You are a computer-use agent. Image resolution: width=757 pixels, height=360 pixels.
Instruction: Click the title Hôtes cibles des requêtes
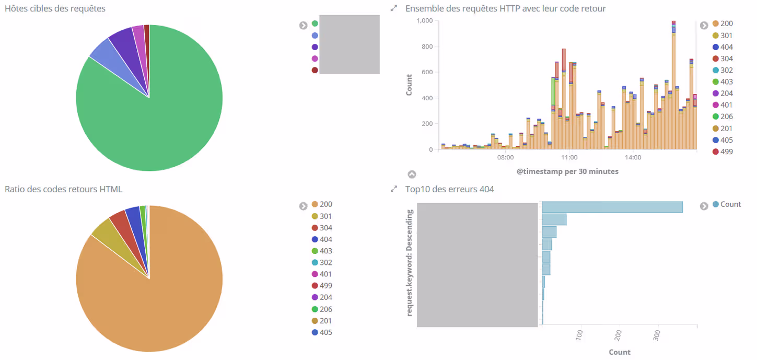click(x=55, y=8)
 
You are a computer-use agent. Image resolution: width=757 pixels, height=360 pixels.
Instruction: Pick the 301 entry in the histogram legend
click(x=726, y=36)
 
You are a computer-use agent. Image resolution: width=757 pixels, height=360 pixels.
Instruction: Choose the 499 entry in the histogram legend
click(x=726, y=152)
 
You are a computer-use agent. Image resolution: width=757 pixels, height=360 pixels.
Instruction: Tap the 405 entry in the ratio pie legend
click(x=325, y=332)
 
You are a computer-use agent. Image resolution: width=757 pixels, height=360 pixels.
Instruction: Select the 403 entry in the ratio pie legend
click(x=325, y=251)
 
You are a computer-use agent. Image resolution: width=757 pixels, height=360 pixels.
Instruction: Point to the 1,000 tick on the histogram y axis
click(x=424, y=20)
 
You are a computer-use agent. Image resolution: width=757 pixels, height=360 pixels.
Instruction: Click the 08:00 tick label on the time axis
click(x=505, y=157)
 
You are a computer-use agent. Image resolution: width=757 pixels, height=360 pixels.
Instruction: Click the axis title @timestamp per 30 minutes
click(x=567, y=171)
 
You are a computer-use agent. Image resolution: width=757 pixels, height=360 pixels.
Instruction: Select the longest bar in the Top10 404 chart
click(x=612, y=207)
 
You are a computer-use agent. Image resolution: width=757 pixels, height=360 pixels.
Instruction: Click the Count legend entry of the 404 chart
click(x=730, y=204)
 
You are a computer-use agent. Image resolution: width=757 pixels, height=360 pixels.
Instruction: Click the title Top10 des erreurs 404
click(x=449, y=189)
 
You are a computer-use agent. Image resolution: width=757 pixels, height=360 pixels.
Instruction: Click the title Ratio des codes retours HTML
click(x=63, y=189)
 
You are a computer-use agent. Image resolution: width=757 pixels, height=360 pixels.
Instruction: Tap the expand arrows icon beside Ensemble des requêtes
click(x=394, y=8)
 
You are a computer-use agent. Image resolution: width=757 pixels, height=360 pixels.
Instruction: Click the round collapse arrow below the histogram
click(x=412, y=175)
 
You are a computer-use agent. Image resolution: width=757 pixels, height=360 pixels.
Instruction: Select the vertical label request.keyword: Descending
click(x=410, y=263)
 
